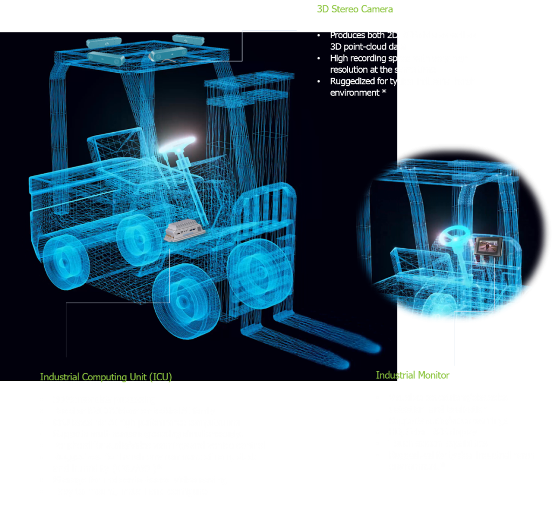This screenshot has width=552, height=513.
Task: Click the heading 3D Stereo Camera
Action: pyautogui.click(x=354, y=9)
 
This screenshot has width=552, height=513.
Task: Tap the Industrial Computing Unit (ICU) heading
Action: pyautogui.click(x=106, y=377)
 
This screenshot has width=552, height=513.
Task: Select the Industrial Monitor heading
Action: pyautogui.click(x=412, y=375)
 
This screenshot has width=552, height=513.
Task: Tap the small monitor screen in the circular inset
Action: pyautogui.click(x=487, y=248)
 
